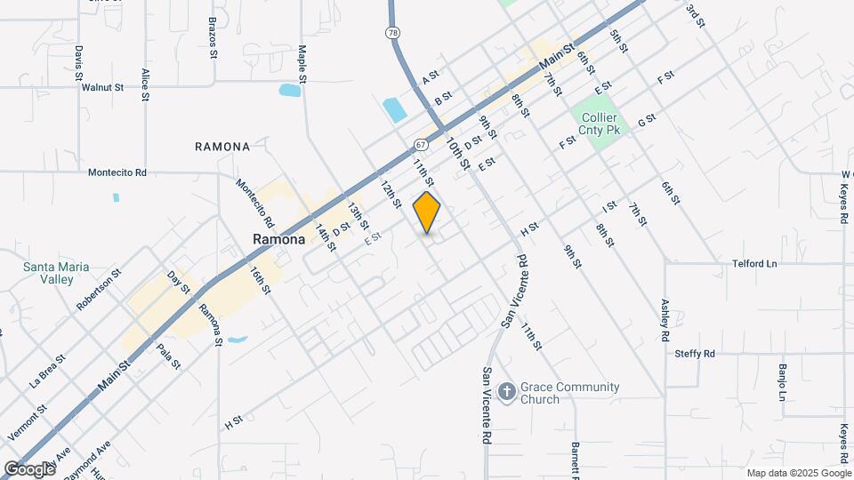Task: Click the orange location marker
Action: (427, 212)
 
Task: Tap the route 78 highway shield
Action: (392, 33)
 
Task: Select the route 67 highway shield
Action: (420, 144)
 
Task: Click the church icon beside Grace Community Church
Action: (506, 392)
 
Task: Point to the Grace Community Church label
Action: (571, 393)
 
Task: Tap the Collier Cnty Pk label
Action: (600, 124)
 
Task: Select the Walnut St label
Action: (102, 88)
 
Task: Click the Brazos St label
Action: (213, 36)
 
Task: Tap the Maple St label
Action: (302, 64)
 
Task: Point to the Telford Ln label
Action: (754, 264)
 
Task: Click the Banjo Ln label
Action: (784, 381)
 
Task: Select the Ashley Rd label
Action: (665, 319)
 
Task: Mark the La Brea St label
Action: (48, 372)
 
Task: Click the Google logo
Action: (28, 468)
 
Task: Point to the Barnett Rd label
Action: (576, 457)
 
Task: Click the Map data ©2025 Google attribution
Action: (798, 473)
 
